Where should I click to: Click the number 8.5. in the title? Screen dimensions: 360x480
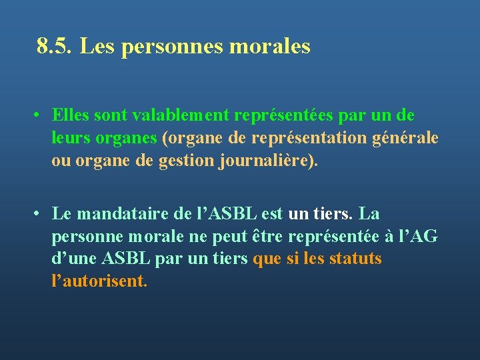(x=55, y=47)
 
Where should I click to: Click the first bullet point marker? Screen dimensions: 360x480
(x=41, y=116)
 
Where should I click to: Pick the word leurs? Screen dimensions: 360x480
(x=69, y=138)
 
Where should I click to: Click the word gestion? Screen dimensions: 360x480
(x=187, y=161)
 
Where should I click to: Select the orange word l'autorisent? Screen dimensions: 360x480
(x=99, y=281)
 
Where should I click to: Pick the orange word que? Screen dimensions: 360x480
(x=267, y=259)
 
